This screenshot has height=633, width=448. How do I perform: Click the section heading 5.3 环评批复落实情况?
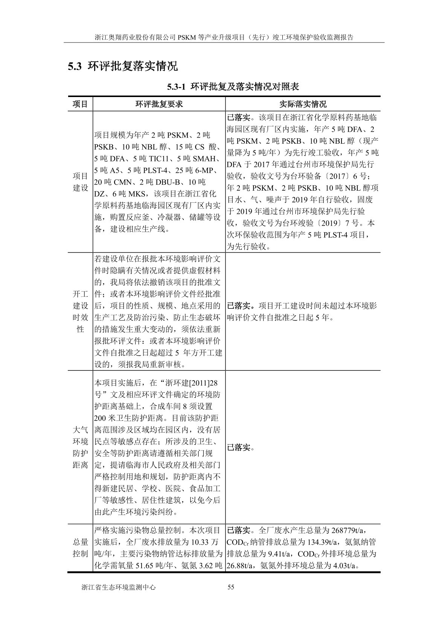[x=122, y=67]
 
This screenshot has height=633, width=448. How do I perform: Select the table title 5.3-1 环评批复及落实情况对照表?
[x=233, y=87]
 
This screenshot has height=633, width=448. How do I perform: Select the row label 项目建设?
[x=80, y=182]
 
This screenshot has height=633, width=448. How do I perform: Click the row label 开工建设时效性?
[x=80, y=311]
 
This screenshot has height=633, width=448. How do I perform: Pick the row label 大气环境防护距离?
[x=80, y=447]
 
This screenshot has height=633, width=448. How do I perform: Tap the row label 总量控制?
[x=80, y=548]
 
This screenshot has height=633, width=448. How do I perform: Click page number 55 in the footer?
[x=231, y=587]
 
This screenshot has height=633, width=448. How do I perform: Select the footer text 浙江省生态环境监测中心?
[x=118, y=587]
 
